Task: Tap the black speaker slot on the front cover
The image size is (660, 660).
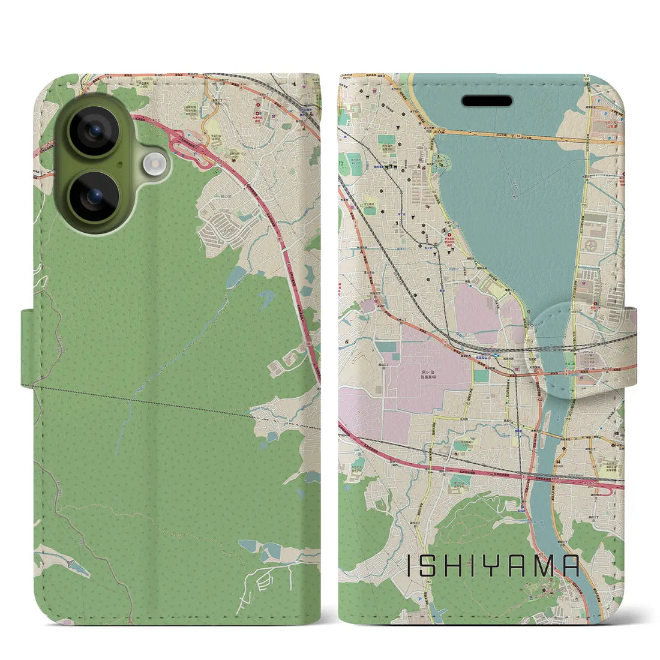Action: click(487, 100)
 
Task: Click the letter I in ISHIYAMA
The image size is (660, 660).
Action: click(410, 565)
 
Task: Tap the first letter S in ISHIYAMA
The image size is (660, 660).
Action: click(427, 565)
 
